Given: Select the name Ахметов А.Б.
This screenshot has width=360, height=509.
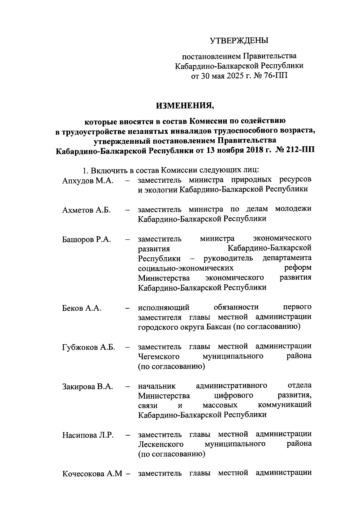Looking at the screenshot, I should pyautogui.click(x=87, y=210).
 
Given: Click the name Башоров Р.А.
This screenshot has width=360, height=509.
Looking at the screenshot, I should pyautogui.click(x=87, y=239).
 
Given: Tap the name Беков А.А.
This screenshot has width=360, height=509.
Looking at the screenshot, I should pyautogui.click(x=82, y=308).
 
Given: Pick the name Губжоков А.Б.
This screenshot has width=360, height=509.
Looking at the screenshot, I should pyautogui.click(x=89, y=347).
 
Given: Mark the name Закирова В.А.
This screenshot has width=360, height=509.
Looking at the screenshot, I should pyautogui.click(x=88, y=386).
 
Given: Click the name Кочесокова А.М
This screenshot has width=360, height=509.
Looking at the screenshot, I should pyautogui.click(x=91, y=474).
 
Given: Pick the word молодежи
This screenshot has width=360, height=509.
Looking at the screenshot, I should pyautogui.click(x=293, y=209).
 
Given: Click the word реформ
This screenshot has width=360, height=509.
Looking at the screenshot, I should pyautogui.click(x=298, y=268).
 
